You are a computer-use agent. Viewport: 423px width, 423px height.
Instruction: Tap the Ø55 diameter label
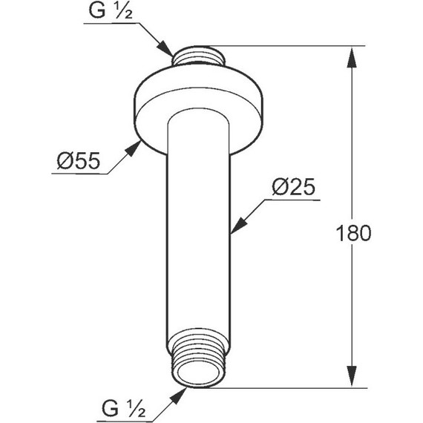pos(78,160)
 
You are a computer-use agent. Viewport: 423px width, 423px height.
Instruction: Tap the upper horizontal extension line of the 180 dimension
pos(297,46)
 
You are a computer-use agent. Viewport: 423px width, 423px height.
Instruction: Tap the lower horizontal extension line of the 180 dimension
pos(297,387)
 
